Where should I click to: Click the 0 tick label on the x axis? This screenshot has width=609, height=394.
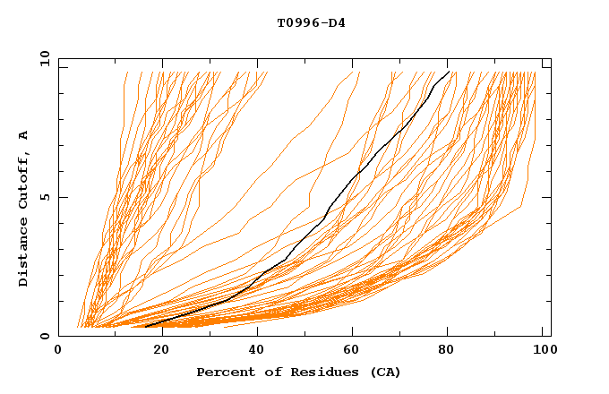(x=58, y=350)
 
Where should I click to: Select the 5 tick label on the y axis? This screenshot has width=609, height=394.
(x=44, y=197)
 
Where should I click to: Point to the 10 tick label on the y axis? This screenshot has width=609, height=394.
(x=40, y=58)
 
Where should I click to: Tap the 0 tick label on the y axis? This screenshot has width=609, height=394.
(x=44, y=336)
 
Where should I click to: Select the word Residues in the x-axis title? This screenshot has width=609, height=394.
(x=315, y=372)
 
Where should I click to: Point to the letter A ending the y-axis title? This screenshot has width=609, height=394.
(x=23, y=135)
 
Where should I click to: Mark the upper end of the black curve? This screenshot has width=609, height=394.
(x=449, y=71)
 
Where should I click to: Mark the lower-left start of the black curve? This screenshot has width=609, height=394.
(x=145, y=326)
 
